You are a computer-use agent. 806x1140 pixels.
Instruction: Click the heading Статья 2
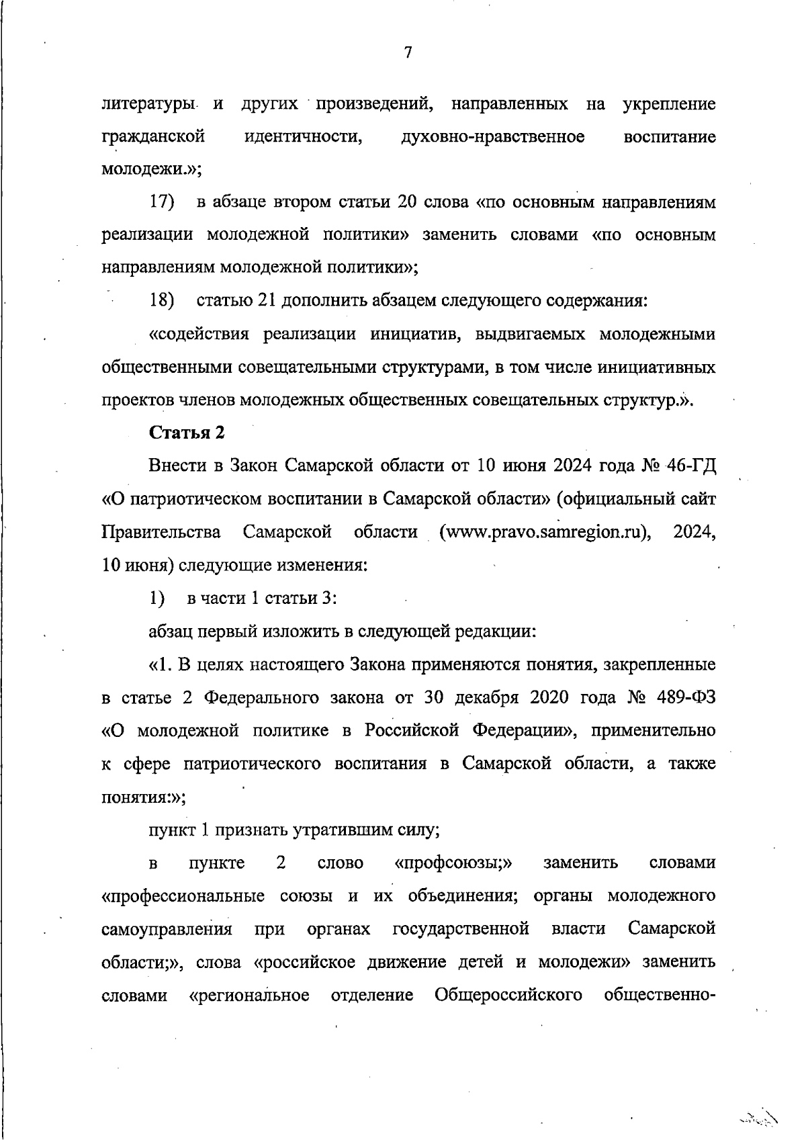186,433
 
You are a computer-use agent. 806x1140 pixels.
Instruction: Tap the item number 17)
162,202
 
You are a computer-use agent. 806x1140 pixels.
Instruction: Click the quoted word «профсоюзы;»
454,863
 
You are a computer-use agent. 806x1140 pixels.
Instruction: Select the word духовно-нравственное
492,137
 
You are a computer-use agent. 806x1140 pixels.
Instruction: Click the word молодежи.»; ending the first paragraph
152,169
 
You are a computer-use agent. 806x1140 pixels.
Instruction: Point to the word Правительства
161,532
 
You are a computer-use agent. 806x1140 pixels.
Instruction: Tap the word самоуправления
167,929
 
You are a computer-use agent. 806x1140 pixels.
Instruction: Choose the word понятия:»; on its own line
144,797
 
